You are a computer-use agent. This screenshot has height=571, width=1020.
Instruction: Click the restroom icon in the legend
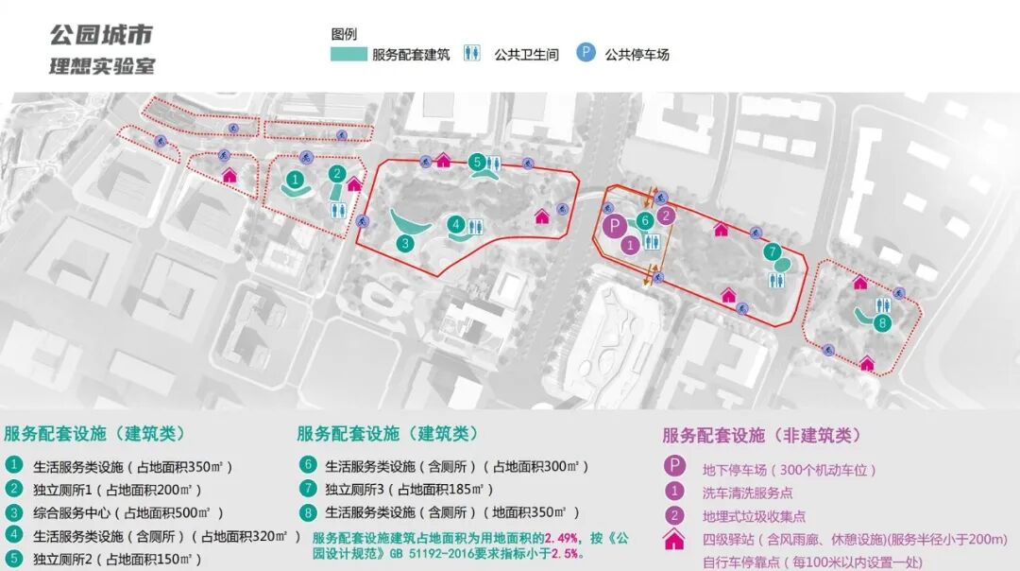pos(472,54)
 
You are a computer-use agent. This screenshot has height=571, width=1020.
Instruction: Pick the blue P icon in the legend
pos(586,54)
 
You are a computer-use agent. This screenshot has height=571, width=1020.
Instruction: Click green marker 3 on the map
pos(404,242)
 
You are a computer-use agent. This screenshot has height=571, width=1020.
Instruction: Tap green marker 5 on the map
pos(478,162)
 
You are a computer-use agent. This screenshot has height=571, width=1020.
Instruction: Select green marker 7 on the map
pos(773,251)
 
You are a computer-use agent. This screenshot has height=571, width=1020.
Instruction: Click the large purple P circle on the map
pos(614,226)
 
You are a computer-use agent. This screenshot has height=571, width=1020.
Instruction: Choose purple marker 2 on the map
pos(667,215)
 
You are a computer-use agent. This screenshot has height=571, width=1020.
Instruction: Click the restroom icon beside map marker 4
pos(476,225)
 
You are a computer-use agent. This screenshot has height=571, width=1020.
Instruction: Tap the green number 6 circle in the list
pos(307,465)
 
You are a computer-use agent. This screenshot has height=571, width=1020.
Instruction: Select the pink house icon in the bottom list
pos(674,539)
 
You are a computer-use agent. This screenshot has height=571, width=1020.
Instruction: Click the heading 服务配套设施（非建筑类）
pos(762,436)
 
